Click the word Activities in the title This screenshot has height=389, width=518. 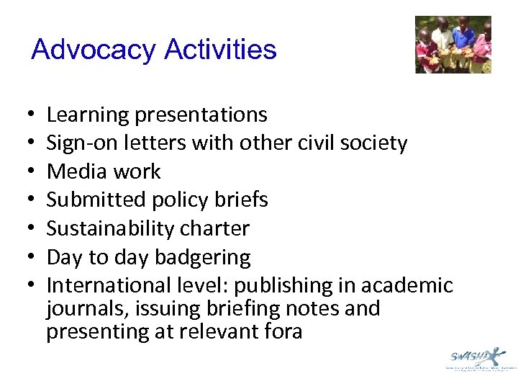[x=220, y=50]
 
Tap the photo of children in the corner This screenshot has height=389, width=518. [x=453, y=45]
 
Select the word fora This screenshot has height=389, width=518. [x=281, y=331]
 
